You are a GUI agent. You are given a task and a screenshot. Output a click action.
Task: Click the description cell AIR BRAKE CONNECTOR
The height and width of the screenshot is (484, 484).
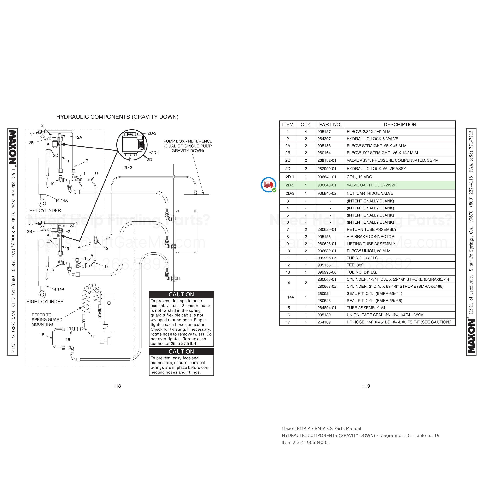370,237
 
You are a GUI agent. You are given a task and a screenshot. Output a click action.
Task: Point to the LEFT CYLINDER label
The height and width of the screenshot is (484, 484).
44,210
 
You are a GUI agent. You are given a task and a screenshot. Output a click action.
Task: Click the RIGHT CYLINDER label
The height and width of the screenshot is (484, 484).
45,302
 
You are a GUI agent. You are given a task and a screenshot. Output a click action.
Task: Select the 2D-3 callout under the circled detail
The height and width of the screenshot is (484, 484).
128,168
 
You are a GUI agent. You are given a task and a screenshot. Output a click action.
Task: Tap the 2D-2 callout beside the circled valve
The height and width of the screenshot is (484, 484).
152,133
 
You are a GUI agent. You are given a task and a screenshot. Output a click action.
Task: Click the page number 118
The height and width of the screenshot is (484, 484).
117,386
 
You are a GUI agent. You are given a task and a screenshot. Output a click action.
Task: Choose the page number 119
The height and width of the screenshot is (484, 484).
366,386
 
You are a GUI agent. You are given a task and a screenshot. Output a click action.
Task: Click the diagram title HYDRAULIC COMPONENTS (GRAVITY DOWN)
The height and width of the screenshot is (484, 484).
117,117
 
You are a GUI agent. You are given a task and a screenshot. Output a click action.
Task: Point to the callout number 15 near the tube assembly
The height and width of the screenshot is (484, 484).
42,335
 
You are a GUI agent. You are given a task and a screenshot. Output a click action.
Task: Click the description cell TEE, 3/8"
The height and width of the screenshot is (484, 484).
355,265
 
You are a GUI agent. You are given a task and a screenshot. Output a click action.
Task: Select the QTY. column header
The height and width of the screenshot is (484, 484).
306,124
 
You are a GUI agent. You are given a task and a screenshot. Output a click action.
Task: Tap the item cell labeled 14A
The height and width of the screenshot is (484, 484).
291,297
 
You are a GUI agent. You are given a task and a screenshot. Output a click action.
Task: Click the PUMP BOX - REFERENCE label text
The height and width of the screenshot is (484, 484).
188,141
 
